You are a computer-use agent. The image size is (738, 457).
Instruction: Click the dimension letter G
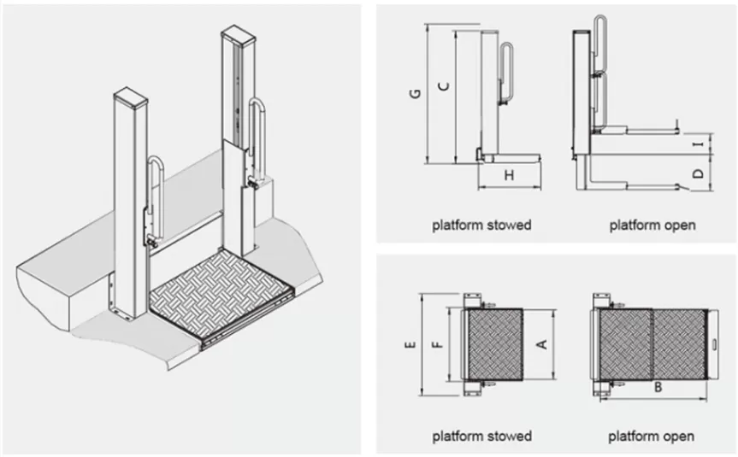click(413, 95)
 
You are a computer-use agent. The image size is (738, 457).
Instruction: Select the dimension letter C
click(442, 85)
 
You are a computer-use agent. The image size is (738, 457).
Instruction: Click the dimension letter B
click(658, 387)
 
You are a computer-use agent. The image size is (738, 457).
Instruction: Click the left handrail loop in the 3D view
click(155, 196)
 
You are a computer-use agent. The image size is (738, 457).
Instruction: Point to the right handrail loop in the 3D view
click(257, 137)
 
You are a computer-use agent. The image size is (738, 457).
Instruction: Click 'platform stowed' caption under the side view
click(481, 226)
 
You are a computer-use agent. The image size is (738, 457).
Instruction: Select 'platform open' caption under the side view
click(652, 226)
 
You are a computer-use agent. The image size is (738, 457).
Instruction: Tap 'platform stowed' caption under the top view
click(481, 436)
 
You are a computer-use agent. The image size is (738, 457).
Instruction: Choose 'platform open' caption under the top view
click(652, 436)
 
